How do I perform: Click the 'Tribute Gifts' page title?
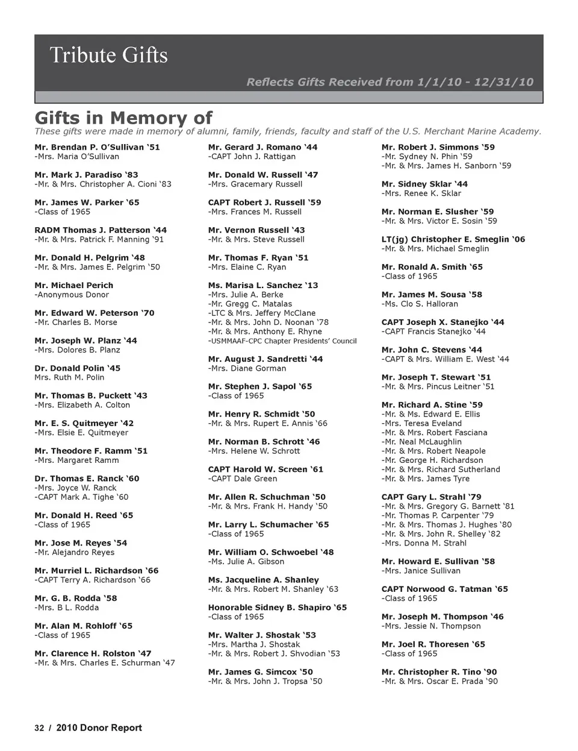pyautogui.click(x=108, y=55)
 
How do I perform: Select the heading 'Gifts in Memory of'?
pyautogui.click(x=123, y=118)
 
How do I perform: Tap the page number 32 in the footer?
pyautogui.click(x=39, y=728)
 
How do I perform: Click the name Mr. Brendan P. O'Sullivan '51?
pyautogui.click(x=97, y=147)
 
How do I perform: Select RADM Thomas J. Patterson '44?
pyautogui.click(x=101, y=230)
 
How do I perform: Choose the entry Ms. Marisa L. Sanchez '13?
pyautogui.click(x=263, y=286)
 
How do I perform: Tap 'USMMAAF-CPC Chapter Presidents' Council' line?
pyautogui.click(x=282, y=341)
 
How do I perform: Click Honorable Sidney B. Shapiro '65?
pyautogui.click(x=277, y=608)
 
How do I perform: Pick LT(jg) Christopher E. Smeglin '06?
pyautogui.click(x=453, y=239)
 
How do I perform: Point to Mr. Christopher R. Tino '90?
pyautogui.click(x=439, y=672)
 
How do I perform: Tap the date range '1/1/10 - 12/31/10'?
pyautogui.click(x=474, y=82)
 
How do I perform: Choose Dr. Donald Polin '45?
pyautogui.click(x=77, y=368)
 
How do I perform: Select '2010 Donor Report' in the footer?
pyautogui.click(x=99, y=728)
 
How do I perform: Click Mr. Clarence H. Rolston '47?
pyautogui.click(x=93, y=653)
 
